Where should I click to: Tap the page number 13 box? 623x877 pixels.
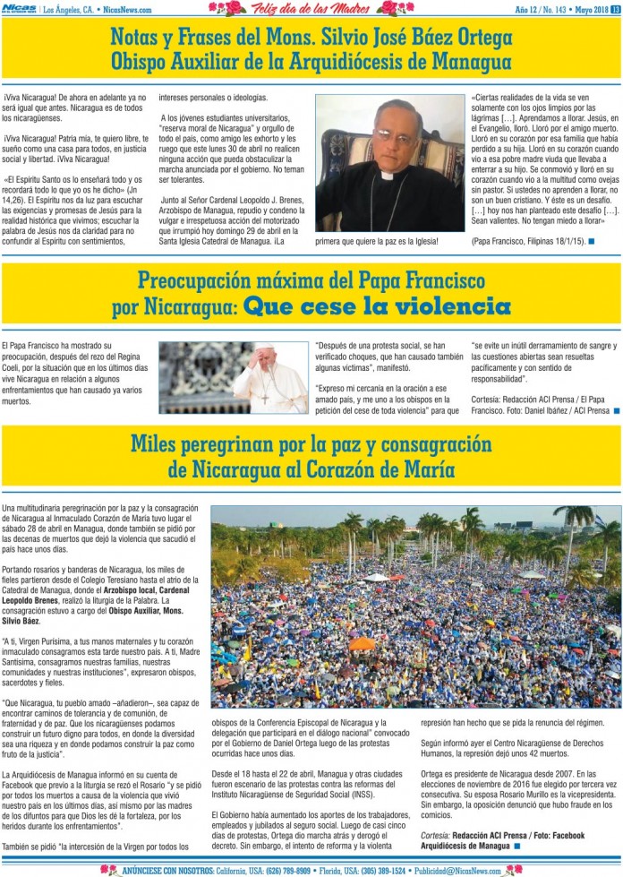pos(616,9)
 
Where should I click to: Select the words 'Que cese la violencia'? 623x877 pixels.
pos(377,307)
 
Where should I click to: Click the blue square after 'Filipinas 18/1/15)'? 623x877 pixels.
pos(592,241)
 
